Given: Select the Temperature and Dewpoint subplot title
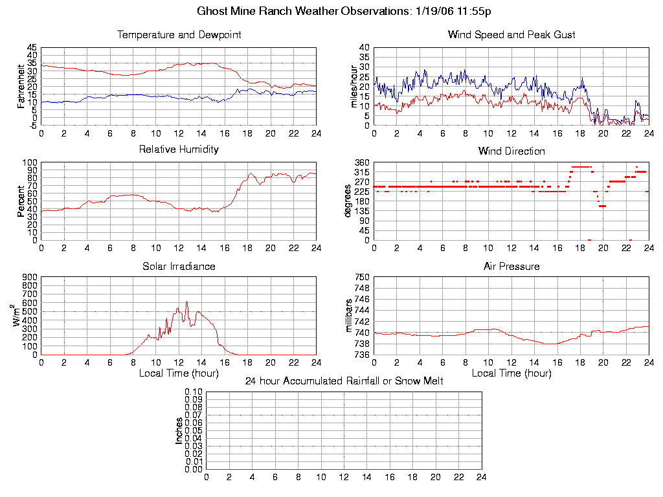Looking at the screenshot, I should point(179,35).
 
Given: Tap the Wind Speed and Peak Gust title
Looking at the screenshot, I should point(511,35).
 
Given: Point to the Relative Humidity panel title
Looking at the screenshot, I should point(179,149).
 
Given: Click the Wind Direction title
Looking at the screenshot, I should point(511,151).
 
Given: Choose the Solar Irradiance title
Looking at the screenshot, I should point(179,266).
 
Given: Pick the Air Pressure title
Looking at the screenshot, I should point(511,266).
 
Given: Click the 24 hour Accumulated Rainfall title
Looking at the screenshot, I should point(344,381).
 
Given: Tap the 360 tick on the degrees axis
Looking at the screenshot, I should point(361,162).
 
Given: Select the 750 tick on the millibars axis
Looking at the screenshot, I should point(361,277).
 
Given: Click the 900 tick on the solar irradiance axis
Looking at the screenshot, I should point(30,277).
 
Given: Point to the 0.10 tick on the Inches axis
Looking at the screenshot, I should point(194,392).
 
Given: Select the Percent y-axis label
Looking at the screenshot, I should point(21,201).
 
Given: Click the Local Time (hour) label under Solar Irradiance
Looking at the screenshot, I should point(179,373).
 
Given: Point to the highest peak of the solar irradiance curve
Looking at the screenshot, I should point(186,302).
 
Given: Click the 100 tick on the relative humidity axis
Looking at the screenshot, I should point(30,162).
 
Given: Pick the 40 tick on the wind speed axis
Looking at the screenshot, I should point(363,48).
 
